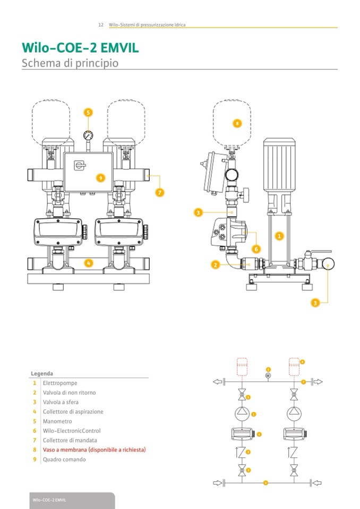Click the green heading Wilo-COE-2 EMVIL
point(80,48)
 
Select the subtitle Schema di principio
point(70,63)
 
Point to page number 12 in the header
point(100,25)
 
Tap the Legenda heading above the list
point(42,373)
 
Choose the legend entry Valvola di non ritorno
point(69,392)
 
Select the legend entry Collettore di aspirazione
point(73,411)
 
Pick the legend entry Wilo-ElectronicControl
point(71,431)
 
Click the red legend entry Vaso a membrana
point(93,450)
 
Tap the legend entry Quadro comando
point(64,460)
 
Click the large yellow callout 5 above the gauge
point(88,112)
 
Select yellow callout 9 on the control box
point(99,176)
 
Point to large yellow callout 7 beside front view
point(159,192)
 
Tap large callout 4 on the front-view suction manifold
point(89,262)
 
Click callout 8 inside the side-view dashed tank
point(237,124)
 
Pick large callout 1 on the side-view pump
point(280,235)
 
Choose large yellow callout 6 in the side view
point(256,248)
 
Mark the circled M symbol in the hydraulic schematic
point(268,375)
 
